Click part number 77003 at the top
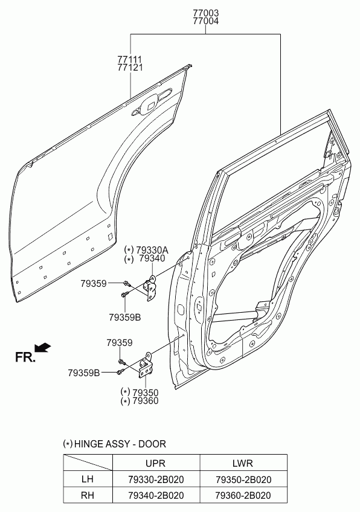[x=205, y=13]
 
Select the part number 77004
[x=205, y=21]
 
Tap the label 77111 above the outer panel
[x=130, y=59]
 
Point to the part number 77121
[x=130, y=68]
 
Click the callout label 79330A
[x=152, y=250]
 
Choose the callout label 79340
[x=152, y=258]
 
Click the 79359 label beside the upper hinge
[x=94, y=283]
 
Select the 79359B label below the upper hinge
[x=125, y=317]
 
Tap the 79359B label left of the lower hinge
[x=83, y=373]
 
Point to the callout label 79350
[x=146, y=392]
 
